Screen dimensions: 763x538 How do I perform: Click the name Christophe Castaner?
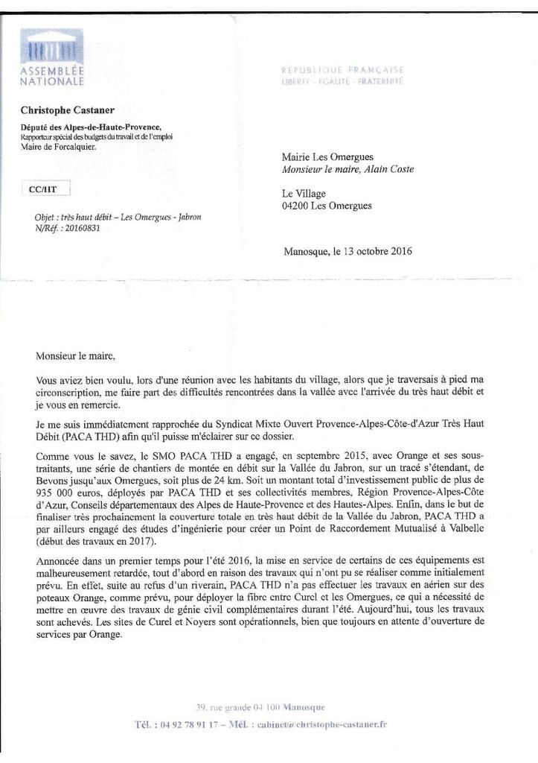[x=68, y=110]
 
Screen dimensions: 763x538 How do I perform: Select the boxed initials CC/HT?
[x=42, y=189]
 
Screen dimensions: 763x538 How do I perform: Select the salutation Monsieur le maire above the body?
[x=75, y=356]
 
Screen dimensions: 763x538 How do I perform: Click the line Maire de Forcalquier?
[x=58, y=147]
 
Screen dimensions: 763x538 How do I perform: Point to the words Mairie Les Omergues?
[x=327, y=157]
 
